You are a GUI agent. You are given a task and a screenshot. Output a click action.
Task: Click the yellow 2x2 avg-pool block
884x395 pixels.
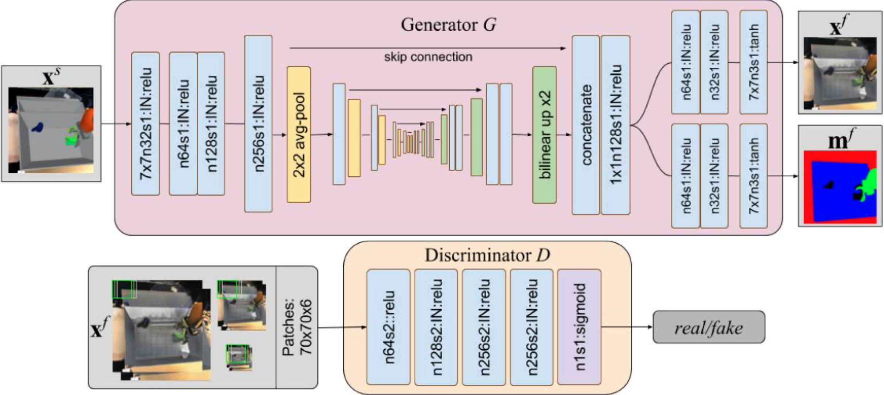[x=299, y=135]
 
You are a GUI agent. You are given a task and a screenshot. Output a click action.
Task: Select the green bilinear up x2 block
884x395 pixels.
[x=544, y=135]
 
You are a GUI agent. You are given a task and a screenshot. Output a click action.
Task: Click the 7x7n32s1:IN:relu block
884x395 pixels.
[x=146, y=124]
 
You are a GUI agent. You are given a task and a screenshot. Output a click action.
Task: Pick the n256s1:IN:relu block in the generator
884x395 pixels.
[x=258, y=124]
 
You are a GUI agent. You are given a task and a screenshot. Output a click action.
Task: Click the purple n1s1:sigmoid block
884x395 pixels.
[x=579, y=327]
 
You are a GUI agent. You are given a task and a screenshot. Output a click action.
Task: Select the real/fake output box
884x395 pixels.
[x=709, y=327]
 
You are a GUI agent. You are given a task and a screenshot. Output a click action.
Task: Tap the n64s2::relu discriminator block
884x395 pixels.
[x=388, y=327]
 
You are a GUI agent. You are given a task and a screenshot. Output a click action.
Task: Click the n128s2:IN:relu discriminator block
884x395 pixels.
[x=436, y=327]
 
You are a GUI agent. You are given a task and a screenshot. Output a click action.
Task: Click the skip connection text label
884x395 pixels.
[x=428, y=57]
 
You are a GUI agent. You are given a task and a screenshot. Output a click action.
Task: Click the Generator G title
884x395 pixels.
[x=448, y=25]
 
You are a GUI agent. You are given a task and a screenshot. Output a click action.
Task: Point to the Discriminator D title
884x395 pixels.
[x=487, y=255]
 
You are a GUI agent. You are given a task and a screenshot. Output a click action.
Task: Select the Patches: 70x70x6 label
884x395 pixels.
[x=297, y=327]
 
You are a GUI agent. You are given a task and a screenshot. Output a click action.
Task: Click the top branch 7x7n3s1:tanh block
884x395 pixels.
[x=753, y=62]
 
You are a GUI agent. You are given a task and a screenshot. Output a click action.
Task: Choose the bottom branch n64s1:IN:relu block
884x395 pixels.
[x=686, y=176]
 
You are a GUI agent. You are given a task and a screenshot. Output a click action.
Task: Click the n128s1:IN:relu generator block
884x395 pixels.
[x=211, y=124]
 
